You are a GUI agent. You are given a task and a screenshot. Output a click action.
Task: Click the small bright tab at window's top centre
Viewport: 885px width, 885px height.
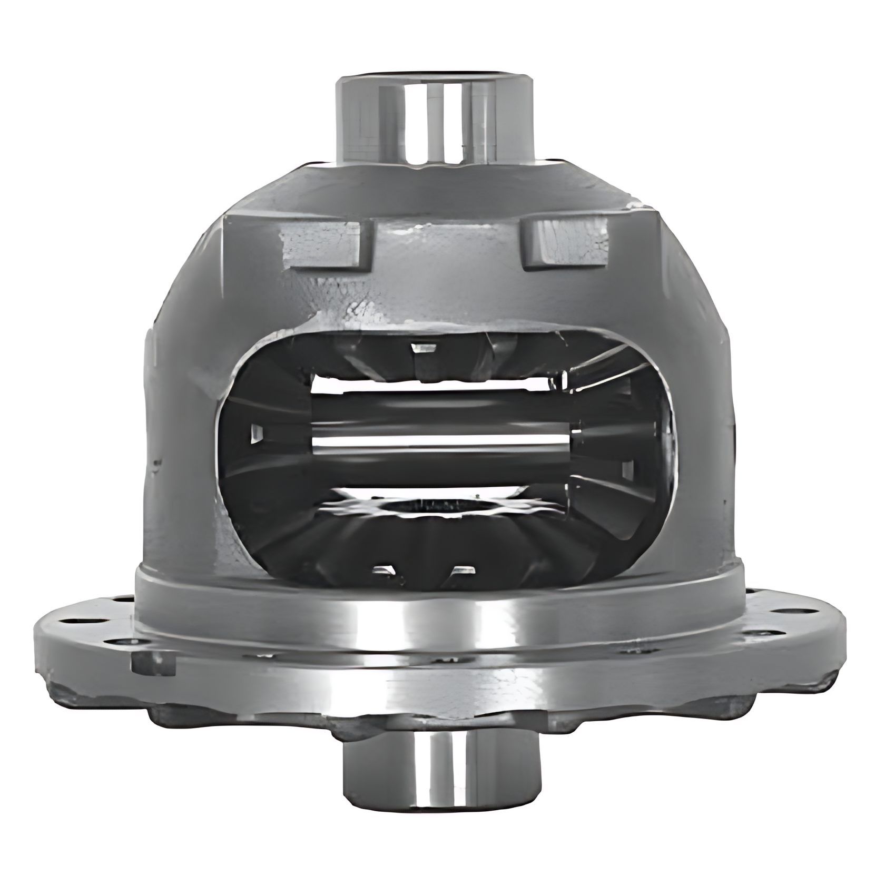pyautogui.click(x=425, y=348)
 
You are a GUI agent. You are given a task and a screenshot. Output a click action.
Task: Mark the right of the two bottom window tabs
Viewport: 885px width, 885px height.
pyautogui.click(x=461, y=570)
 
